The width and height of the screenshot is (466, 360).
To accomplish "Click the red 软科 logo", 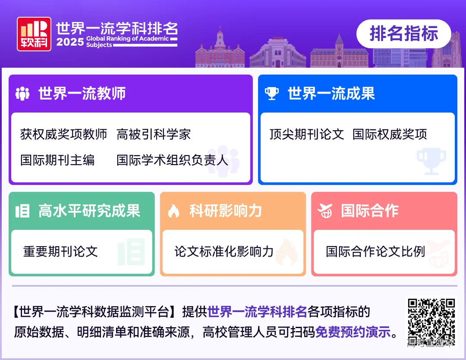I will [34, 34].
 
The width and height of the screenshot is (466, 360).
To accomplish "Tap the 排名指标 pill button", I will [403, 34].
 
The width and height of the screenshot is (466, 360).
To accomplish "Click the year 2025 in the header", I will [69, 42].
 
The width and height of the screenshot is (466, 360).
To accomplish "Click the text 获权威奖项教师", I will [63, 135].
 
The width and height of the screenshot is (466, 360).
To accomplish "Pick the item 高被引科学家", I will [153, 135].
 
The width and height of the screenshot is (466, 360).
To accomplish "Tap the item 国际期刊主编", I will [57, 160].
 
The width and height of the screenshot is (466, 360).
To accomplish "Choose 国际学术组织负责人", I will [172, 160].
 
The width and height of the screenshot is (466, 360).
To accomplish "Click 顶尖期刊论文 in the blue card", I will [306, 135].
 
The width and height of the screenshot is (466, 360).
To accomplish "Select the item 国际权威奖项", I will [390, 135].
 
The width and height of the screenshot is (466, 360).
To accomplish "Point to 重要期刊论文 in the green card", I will [60, 251].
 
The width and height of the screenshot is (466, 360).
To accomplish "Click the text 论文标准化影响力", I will [224, 251].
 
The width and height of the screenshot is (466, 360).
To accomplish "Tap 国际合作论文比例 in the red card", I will [375, 251].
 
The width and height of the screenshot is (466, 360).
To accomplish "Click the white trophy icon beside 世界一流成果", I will [272, 94].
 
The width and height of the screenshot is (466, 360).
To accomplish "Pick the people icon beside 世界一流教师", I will [22, 94].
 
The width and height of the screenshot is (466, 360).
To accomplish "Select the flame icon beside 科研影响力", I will [173, 211].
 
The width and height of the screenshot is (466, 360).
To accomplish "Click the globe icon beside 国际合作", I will [325, 211].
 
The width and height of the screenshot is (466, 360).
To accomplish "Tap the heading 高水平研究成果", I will [89, 211].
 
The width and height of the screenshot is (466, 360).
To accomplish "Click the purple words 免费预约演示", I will [353, 332].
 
